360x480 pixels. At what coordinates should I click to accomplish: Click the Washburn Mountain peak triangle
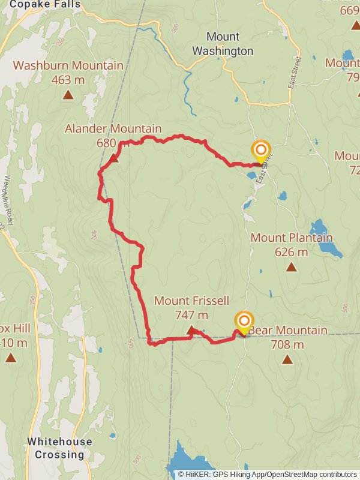[68, 94]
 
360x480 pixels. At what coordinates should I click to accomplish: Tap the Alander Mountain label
[113, 128]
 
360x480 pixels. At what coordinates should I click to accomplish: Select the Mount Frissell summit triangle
[191, 329]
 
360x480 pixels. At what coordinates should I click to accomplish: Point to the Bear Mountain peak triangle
[287, 359]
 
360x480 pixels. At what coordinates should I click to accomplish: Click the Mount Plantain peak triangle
[291, 266]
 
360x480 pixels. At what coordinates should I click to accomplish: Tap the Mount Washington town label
[222, 44]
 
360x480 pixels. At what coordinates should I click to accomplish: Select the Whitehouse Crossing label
[59, 448]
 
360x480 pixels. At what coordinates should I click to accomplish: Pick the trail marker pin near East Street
[261, 151]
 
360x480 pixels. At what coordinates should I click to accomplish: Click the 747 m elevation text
[191, 314]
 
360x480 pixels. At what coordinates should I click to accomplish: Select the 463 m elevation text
[68, 79]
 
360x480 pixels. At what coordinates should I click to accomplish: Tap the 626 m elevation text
[291, 251]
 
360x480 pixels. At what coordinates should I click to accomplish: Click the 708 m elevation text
[287, 344]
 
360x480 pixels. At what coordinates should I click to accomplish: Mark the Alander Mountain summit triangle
[114, 158]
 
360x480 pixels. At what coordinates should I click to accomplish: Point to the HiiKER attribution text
[268, 474]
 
